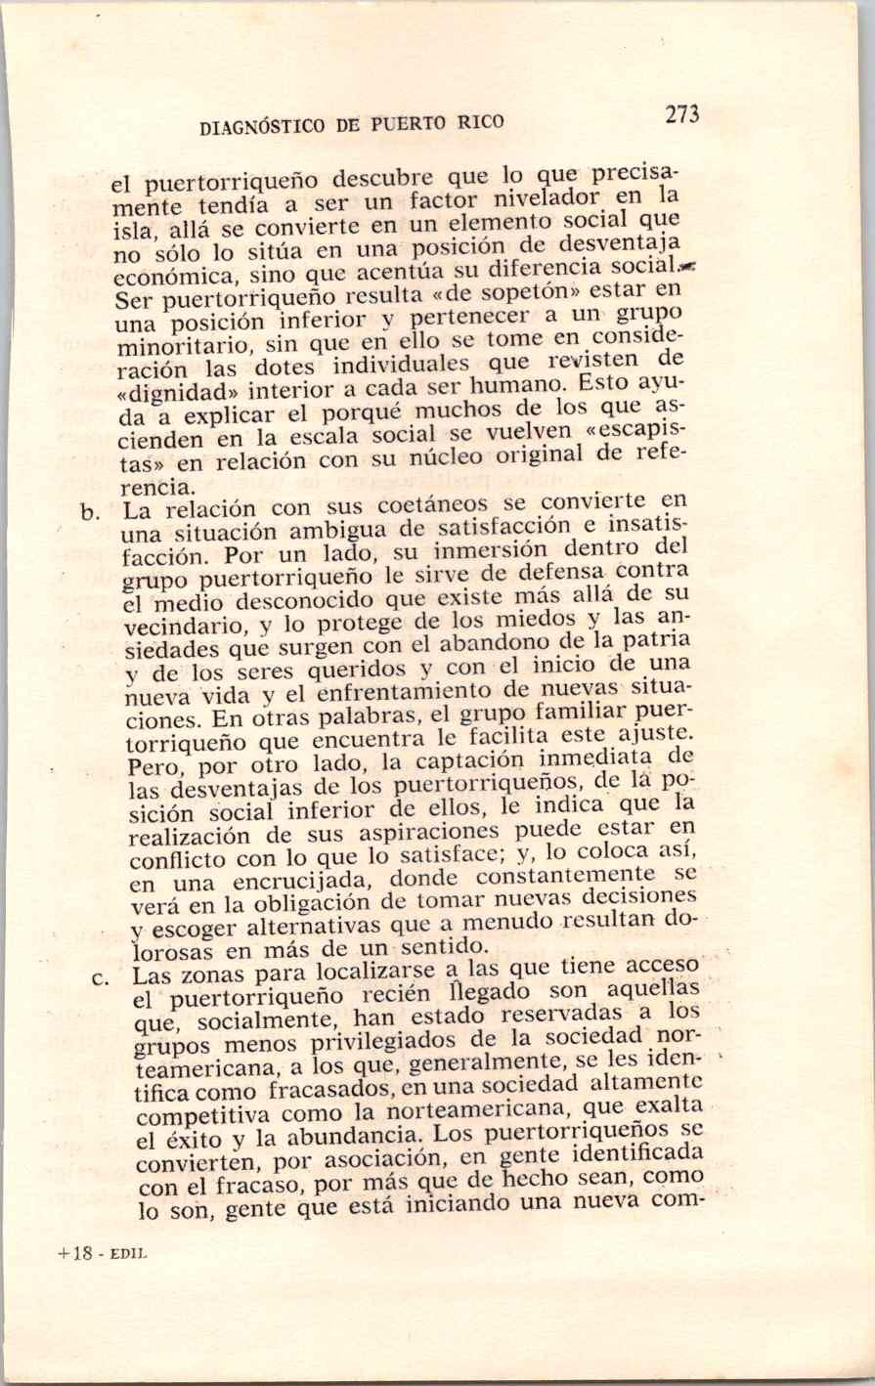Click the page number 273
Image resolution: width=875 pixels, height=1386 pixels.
pos(682,114)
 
